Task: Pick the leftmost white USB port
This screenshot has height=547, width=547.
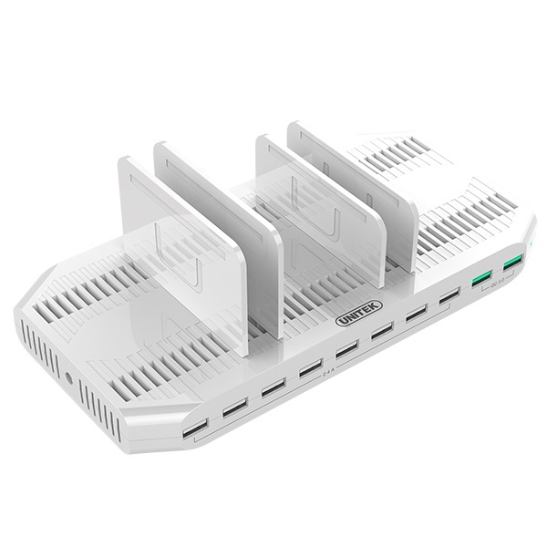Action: pos(194,428)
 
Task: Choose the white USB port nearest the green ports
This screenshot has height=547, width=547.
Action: pos(449,297)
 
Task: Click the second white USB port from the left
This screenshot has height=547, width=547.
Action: pos(234,406)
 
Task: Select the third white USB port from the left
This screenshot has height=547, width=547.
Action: pos(273,386)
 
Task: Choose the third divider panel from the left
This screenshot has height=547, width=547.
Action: pos(319,205)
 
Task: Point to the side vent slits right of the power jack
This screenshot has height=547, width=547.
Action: pos(98,407)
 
